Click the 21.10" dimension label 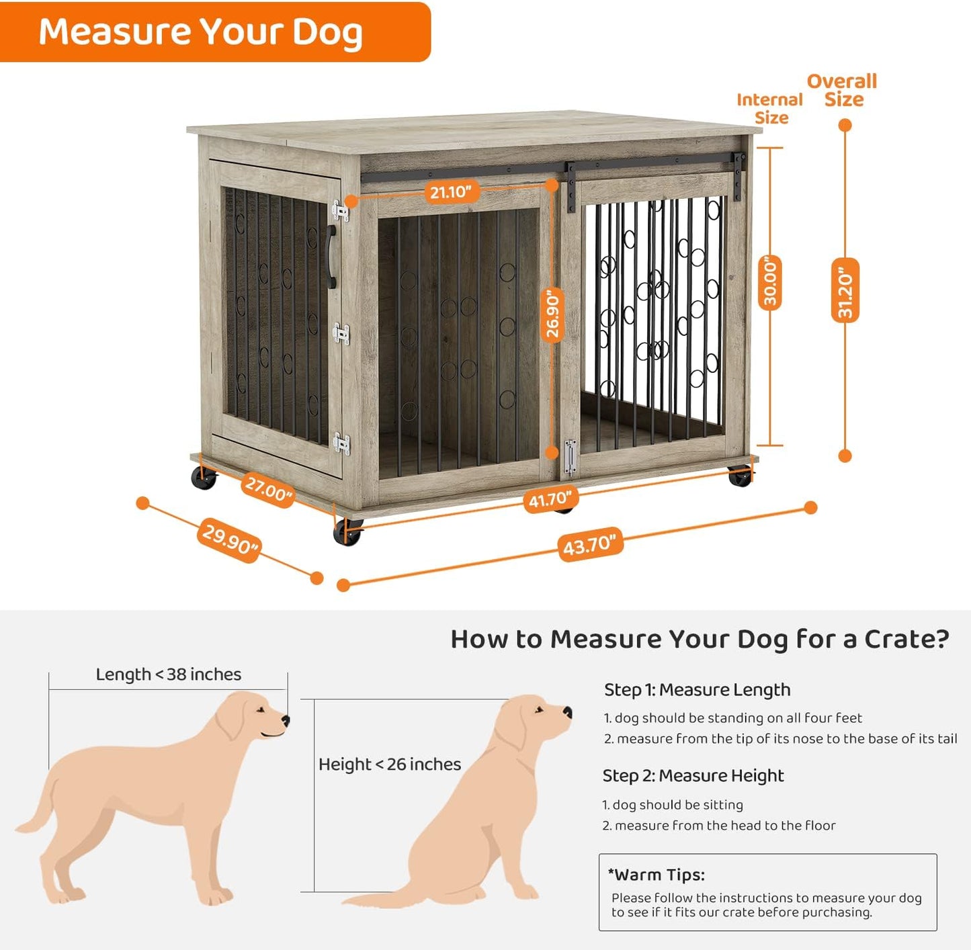[450, 192]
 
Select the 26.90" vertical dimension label [552, 314]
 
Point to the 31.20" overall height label [845, 290]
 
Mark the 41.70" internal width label [550, 499]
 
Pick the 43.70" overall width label [589, 544]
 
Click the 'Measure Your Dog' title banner [202, 32]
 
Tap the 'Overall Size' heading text [842, 90]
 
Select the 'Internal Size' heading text [770, 108]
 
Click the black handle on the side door [331, 257]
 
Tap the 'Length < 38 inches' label [168, 674]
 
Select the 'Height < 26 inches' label [390, 764]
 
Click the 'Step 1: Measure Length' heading [697, 690]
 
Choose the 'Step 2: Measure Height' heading [693, 775]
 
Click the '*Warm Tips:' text [656, 875]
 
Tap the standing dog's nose [286, 721]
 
